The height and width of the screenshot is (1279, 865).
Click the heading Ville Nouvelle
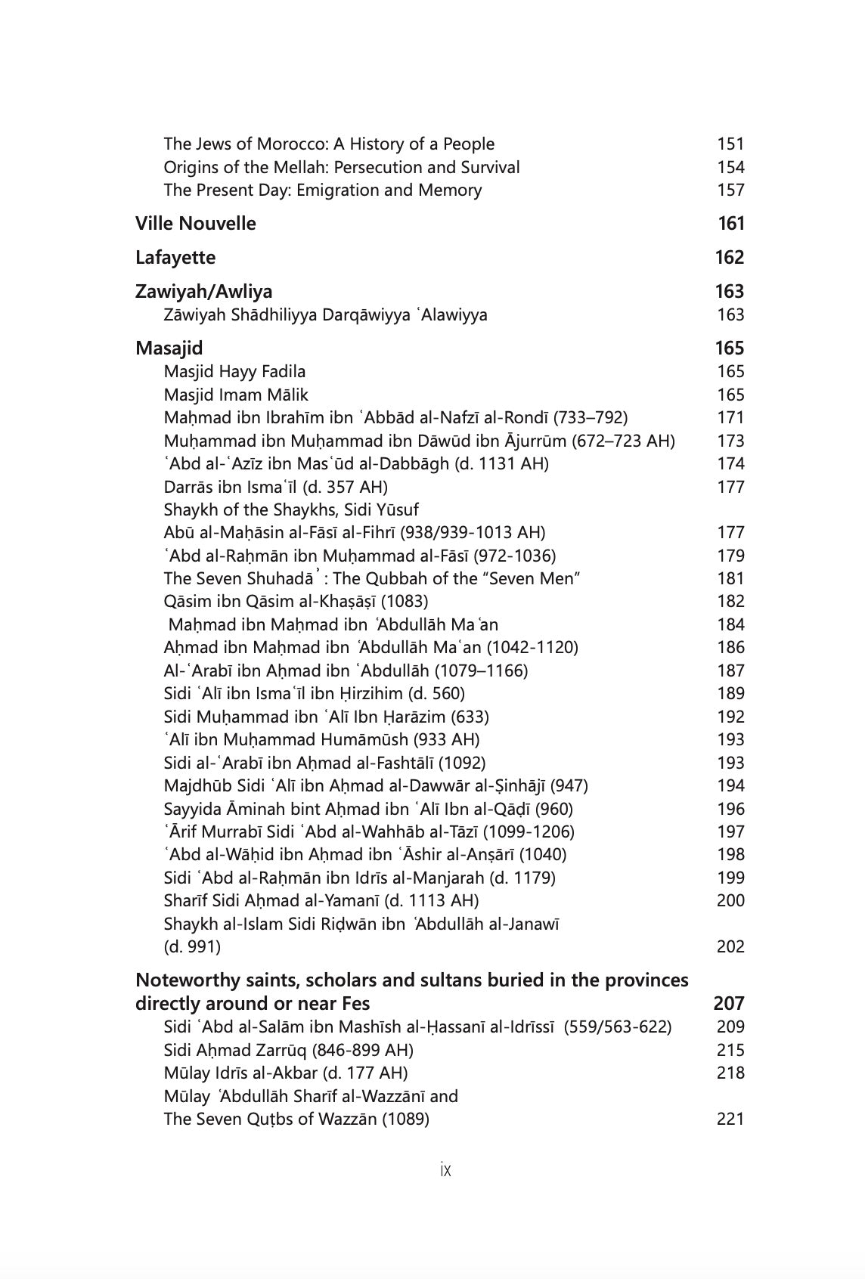(195, 224)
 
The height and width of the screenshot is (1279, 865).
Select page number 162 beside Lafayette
(730, 258)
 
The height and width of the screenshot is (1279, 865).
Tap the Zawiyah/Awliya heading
(203, 292)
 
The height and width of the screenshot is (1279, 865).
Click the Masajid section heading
(169, 348)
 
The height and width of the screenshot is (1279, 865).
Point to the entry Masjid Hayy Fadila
(234, 372)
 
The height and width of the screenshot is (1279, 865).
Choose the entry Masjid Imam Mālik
(236, 395)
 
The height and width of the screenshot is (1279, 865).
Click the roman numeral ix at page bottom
(445, 1170)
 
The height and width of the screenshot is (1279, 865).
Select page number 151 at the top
(730, 144)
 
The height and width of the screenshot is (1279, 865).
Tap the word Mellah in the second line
(300, 167)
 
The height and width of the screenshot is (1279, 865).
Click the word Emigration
(337, 190)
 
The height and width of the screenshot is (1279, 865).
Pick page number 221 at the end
(730, 1119)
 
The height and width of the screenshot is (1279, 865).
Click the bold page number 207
(729, 1004)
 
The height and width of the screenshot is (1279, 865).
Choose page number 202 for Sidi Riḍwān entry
(730, 946)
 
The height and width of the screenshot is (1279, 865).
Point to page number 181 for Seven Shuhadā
(730, 578)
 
